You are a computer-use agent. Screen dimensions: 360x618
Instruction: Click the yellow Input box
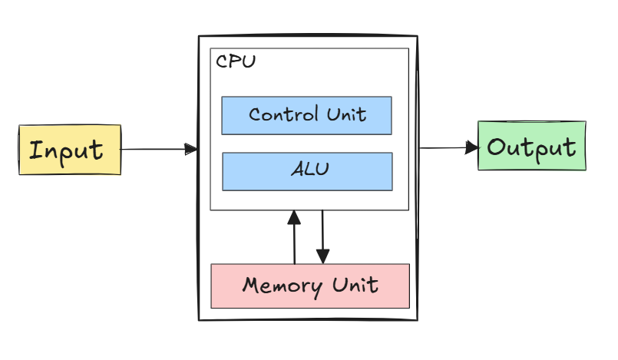pyautogui.click(x=70, y=150)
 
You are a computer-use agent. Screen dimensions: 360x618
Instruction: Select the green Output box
pyautogui.click(x=531, y=146)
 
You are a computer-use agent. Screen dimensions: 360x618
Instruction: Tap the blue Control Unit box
pyautogui.click(x=307, y=115)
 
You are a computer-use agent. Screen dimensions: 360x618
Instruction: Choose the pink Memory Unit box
pyautogui.click(x=309, y=286)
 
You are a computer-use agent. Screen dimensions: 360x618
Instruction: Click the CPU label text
pyautogui.click(x=236, y=62)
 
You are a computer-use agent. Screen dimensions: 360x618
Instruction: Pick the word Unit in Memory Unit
pyautogui.click(x=355, y=286)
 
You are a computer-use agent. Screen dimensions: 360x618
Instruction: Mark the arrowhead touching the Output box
pyautogui.click(x=472, y=147)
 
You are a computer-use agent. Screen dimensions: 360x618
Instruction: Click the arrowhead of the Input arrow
pyautogui.click(x=191, y=149)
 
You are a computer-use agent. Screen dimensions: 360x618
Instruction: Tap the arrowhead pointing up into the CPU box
pyautogui.click(x=294, y=217)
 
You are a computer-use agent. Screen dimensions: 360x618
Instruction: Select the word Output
pyautogui.click(x=531, y=147)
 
